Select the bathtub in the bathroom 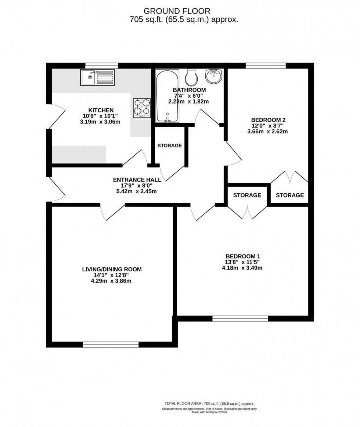tap(167, 96)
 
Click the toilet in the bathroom tap(191, 76)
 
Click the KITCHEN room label tap(101, 110)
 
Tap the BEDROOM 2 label tap(268, 120)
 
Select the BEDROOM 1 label tap(243, 256)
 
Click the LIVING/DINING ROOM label tap(112, 269)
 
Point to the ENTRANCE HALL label tap(137, 180)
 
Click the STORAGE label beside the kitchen tap(169, 145)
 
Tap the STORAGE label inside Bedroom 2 tap(290, 195)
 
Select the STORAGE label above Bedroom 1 tap(247, 195)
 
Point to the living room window tap(111, 344)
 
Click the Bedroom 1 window tap(240, 318)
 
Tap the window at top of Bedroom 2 tap(265, 66)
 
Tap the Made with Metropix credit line tap(209, 412)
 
